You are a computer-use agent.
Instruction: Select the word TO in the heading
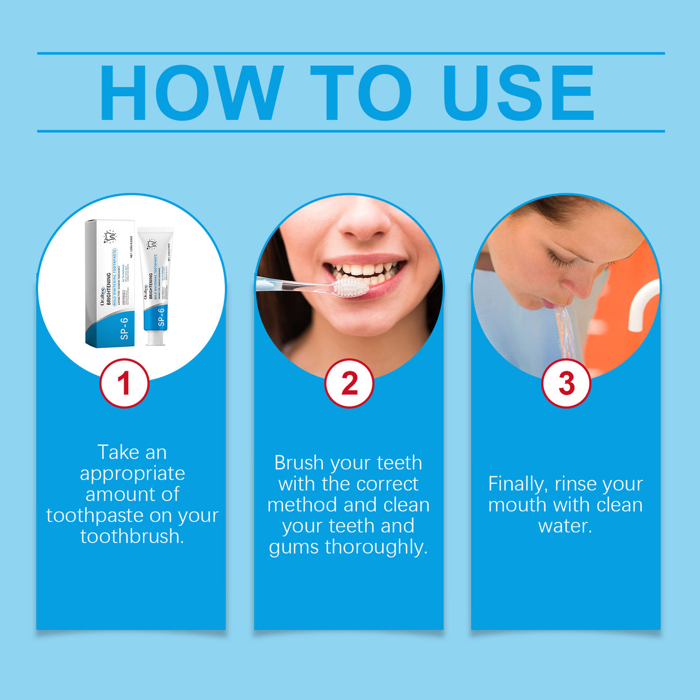[360, 93]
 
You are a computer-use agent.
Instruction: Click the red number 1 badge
[124, 383]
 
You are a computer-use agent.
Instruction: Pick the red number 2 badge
[349, 383]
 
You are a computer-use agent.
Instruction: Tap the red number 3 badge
[566, 383]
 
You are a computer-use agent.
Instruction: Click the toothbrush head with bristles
[351, 287]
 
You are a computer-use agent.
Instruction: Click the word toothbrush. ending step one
[132, 536]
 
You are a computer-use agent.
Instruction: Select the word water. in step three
[565, 526]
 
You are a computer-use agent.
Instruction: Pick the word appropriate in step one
[132, 473]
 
